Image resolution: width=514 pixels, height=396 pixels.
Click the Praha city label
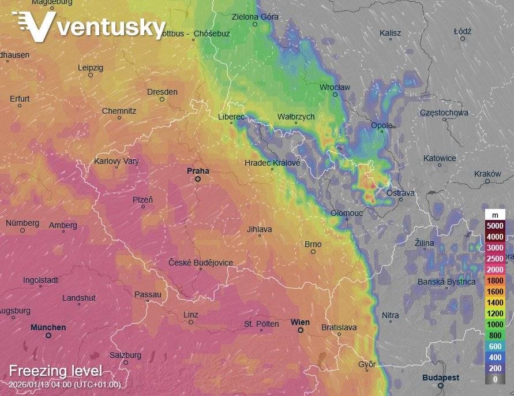pyautogui.click(x=197, y=171)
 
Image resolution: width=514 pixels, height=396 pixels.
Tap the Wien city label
pyautogui.click(x=300, y=322)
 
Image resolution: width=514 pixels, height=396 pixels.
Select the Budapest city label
pyautogui.click(x=441, y=378)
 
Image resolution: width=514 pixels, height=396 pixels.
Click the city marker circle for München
pyautogui.click(x=48, y=335)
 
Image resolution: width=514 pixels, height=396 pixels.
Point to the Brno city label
pyautogui.click(x=312, y=244)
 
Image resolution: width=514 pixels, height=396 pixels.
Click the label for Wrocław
pyautogui.click(x=335, y=87)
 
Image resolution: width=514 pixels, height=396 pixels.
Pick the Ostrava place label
pyautogui.click(x=400, y=193)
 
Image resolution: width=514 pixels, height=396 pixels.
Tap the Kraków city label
pyautogui.click(x=487, y=174)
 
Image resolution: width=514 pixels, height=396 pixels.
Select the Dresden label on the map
pyautogui.click(x=162, y=92)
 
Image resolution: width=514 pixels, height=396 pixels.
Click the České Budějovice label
pyautogui.click(x=201, y=262)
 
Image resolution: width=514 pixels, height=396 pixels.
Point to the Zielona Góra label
pyautogui.click(x=255, y=17)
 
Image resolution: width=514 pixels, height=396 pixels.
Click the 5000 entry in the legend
pyautogui.click(x=495, y=226)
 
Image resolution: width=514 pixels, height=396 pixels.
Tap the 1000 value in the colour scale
pyautogui.click(x=495, y=324)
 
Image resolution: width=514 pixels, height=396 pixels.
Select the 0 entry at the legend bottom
pyautogui.click(x=495, y=379)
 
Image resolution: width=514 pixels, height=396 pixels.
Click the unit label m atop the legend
pyautogui.click(x=495, y=215)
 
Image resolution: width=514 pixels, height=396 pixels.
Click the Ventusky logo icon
pyautogui.click(x=34, y=26)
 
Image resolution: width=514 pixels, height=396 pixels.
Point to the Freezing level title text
pyautogui.click(x=55, y=371)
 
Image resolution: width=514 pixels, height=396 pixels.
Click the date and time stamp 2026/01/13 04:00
pyautogui.click(x=65, y=384)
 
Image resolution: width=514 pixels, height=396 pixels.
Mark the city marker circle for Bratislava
pyautogui.click(x=340, y=334)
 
